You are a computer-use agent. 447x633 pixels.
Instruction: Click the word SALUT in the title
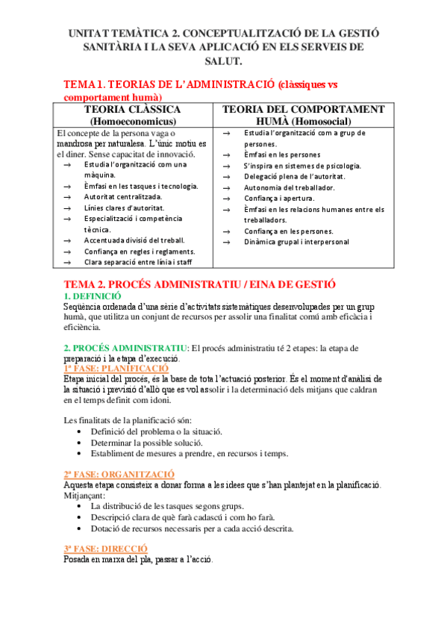[x=223, y=60]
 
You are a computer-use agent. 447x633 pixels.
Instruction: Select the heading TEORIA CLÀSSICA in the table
[x=133, y=110]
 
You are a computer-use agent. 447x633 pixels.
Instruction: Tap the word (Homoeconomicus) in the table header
[x=133, y=121]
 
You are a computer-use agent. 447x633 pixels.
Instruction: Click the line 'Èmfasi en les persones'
[x=281, y=155]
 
